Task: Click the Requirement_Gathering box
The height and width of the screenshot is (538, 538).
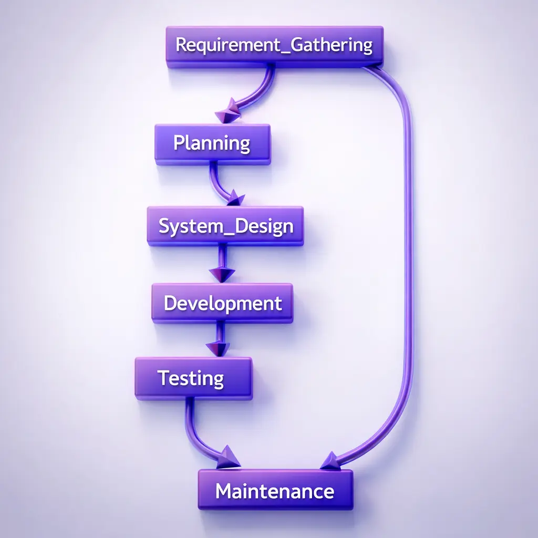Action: pyautogui.click(x=274, y=46)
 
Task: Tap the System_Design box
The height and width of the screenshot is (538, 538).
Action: pyautogui.click(x=225, y=226)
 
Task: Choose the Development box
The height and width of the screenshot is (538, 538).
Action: pyautogui.click(x=222, y=303)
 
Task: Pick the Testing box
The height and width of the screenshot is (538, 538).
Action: pyautogui.click(x=193, y=378)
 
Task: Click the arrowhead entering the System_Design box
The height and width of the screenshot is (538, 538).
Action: pyautogui.click(x=235, y=199)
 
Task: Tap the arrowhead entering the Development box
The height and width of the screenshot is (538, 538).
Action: pyautogui.click(x=222, y=274)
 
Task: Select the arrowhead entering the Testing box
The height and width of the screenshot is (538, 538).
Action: pyautogui.click(x=218, y=348)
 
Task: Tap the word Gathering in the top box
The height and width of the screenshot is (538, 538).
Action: pyautogui.click(x=332, y=45)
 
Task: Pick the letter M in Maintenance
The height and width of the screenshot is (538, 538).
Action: pyautogui.click(x=224, y=491)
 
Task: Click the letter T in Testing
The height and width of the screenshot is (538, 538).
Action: pyautogui.click(x=163, y=378)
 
